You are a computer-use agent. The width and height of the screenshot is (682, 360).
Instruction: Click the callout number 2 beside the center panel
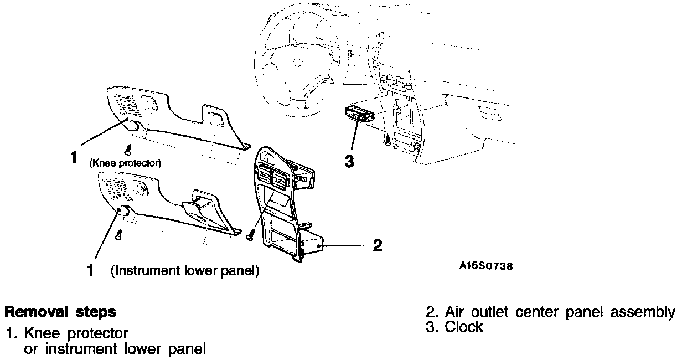[x=377, y=245]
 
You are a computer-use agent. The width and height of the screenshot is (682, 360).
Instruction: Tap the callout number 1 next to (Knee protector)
[x=73, y=158]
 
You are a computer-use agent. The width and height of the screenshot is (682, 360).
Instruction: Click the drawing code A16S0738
[x=486, y=266]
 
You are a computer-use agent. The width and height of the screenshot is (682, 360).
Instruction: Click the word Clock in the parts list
[x=463, y=327]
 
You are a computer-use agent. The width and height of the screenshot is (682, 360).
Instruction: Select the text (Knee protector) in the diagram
[x=125, y=163]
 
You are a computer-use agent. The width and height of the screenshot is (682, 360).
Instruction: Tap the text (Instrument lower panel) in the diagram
[x=184, y=271]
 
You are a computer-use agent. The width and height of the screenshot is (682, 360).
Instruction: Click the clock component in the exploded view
[x=359, y=114]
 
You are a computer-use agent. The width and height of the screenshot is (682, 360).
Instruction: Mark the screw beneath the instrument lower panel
[x=118, y=235]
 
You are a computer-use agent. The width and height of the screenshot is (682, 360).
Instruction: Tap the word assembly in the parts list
[x=642, y=312]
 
